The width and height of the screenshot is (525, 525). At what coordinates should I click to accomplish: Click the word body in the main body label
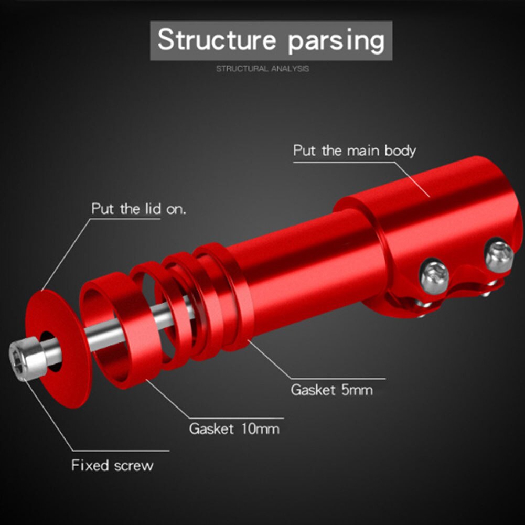coord(400,151)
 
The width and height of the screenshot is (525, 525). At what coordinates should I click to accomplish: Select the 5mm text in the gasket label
coord(355,390)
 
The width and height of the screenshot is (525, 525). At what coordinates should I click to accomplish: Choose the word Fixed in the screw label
coord(90,465)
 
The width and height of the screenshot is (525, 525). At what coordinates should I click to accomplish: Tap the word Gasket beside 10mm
coord(211,429)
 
